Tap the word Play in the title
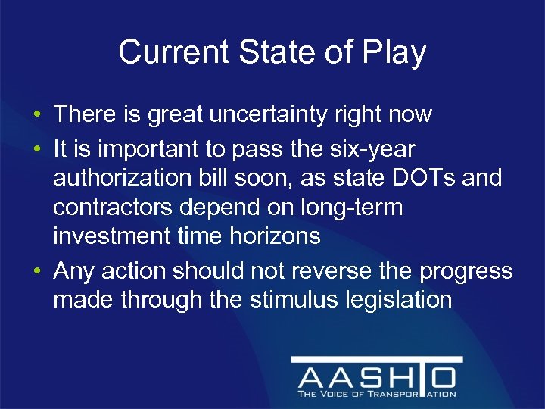pos(394,53)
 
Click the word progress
pos(469,270)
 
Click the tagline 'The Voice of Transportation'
pos(376,394)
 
